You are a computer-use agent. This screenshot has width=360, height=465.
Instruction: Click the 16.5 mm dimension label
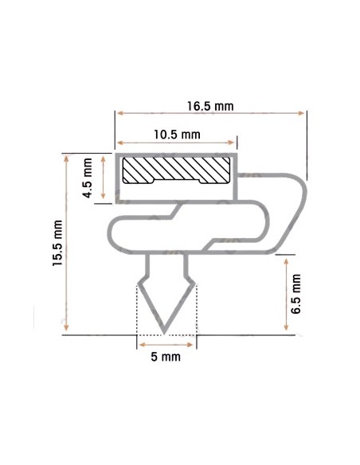click(x=210, y=106)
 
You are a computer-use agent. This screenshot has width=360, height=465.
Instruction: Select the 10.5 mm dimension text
click(x=177, y=135)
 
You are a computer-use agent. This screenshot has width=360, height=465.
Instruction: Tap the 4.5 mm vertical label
click(x=88, y=178)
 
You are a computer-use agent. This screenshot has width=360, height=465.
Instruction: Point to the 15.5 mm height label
click(x=57, y=243)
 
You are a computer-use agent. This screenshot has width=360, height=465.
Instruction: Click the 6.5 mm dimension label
click(x=296, y=294)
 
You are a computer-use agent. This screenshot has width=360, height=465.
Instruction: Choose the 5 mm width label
click(x=166, y=357)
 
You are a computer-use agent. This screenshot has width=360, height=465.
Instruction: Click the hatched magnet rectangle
click(x=177, y=170)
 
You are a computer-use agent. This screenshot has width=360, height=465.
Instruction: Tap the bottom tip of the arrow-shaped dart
click(x=164, y=334)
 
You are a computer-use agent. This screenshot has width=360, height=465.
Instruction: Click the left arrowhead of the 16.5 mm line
click(x=119, y=113)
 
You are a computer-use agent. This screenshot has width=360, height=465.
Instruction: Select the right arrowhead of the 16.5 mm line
click(x=302, y=113)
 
